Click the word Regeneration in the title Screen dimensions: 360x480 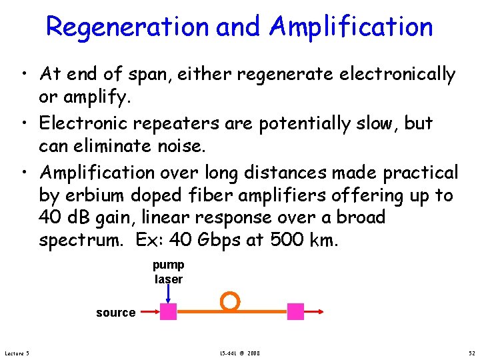[x=127, y=27]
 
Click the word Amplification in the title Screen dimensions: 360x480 [x=351, y=27]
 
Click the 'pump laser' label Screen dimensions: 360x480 [x=169, y=272]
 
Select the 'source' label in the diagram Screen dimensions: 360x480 [x=115, y=313]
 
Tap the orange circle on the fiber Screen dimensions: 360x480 [x=230, y=301]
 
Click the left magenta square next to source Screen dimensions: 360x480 [x=169, y=311]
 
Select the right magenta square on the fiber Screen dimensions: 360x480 [x=295, y=311]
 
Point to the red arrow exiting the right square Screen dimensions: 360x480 [x=315, y=311]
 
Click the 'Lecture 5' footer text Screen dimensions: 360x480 [x=21, y=353]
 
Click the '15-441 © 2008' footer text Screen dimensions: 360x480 [x=239, y=353]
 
